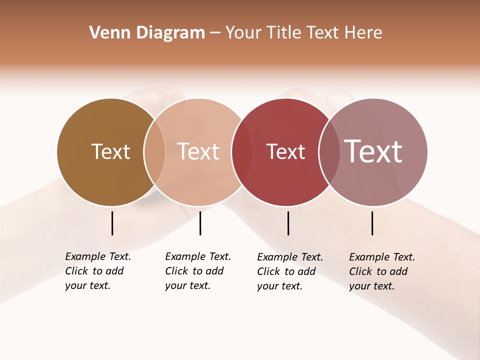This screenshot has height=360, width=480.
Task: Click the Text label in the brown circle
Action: [110, 151]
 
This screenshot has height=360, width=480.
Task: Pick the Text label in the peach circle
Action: [198, 151]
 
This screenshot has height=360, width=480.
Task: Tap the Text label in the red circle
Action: [285, 151]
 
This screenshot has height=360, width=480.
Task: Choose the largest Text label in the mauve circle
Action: [373, 151]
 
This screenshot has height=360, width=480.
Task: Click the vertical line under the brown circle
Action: [112, 223]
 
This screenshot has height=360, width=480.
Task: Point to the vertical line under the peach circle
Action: [200, 223]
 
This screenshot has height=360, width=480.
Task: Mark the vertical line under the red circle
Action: [288, 223]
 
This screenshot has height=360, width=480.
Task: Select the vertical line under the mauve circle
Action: [372, 223]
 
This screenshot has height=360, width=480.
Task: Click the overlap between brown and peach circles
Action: [154, 152]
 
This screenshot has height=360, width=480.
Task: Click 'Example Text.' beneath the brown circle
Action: [98, 256]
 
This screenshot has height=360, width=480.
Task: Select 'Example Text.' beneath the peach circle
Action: [198, 256]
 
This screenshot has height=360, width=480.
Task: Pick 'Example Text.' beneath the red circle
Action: [290, 257]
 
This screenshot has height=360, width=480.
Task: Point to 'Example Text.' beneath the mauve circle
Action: [382, 257]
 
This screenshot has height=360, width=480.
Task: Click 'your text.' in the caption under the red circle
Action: [280, 286]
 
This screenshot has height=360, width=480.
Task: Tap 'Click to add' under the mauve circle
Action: [378, 271]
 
